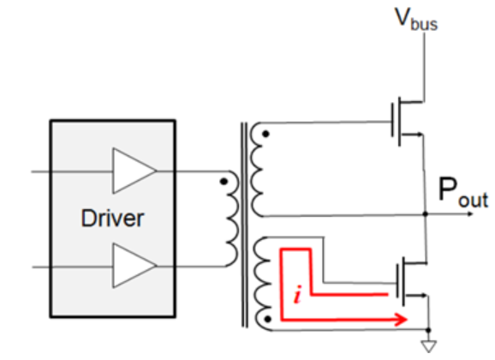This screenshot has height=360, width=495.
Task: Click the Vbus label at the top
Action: [x=416, y=20]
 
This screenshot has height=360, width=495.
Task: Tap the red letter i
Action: [x=295, y=297]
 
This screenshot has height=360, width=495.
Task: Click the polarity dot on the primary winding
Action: [x=224, y=182]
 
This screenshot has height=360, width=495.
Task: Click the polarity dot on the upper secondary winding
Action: [x=268, y=134]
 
